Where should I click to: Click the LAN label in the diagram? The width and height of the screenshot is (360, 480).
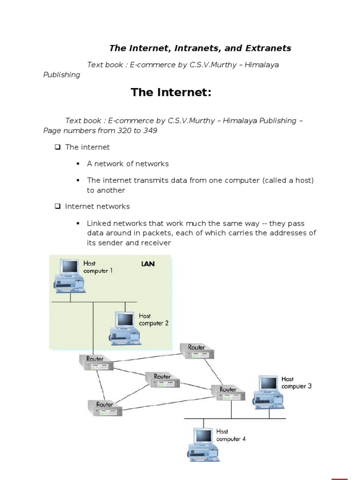tap(148, 264)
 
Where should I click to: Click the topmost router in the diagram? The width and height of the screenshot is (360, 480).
tap(197, 351)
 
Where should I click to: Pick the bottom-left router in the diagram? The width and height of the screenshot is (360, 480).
tap(105, 407)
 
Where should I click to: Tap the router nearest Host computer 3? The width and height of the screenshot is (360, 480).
tap(228, 392)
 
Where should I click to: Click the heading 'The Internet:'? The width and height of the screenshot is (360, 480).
tap(171, 92)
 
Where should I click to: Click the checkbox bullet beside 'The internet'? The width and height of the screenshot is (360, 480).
tap(57, 147)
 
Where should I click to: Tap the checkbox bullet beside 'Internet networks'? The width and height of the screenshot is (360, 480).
tap(57, 206)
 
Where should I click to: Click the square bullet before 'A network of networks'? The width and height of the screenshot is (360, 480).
tap(78, 164)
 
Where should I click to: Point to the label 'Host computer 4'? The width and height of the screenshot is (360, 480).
tap(230, 435)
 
